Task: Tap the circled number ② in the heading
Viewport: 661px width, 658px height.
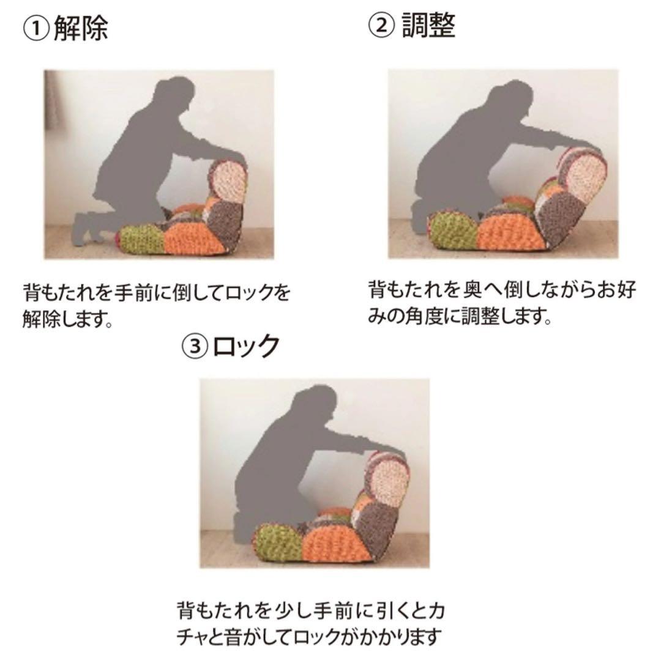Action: (x=382, y=26)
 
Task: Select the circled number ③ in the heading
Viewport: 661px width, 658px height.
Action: (x=195, y=346)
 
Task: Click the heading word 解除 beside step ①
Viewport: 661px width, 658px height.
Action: (x=81, y=29)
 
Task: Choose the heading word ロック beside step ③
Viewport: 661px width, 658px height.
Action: (x=247, y=346)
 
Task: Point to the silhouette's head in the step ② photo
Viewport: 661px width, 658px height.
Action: (x=512, y=97)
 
